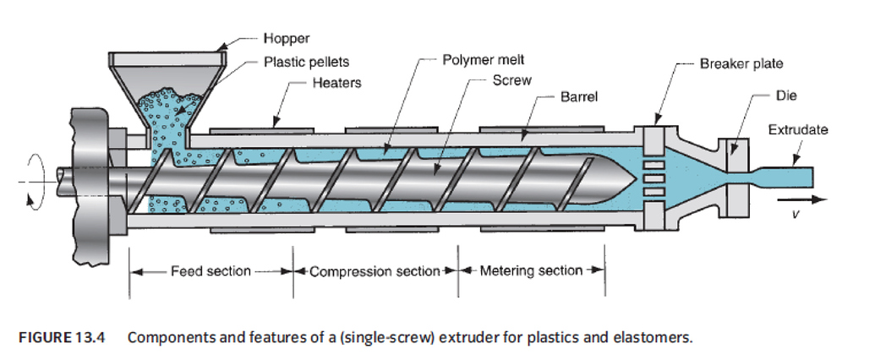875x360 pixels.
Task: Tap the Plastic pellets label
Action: (x=306, y=62)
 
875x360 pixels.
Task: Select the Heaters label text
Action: (x=336, y=83)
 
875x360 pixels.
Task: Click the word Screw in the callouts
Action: (x=511, y=81)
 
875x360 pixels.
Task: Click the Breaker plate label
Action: (x=741, y=63)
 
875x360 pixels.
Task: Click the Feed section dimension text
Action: (x=211, y=271)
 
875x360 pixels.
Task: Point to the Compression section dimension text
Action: (x=375, y=271)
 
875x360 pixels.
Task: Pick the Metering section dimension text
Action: (x=531, y=271)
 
